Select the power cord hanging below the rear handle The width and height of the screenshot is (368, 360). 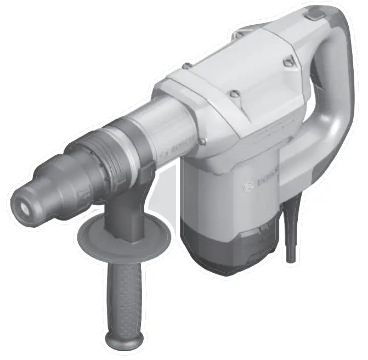[x=291, y=236]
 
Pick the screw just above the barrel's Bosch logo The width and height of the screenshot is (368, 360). [x=202, y=142]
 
